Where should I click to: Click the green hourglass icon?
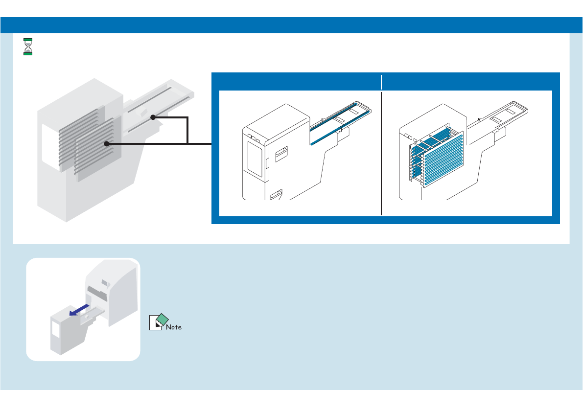pyautogui.click(x=28, y=46)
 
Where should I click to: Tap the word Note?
pyautogui.click(x=173, y=327)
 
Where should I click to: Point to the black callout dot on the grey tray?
pyautogui.click(x=153, y=117)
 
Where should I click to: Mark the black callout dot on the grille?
pyautogui.click(x=106, y=143)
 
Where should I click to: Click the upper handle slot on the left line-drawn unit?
pyautogui.click(x=281, y=155)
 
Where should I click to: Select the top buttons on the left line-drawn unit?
pyautogui.click(x=254, y=135)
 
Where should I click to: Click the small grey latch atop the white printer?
pyautogui.click(x=105, y=282)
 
